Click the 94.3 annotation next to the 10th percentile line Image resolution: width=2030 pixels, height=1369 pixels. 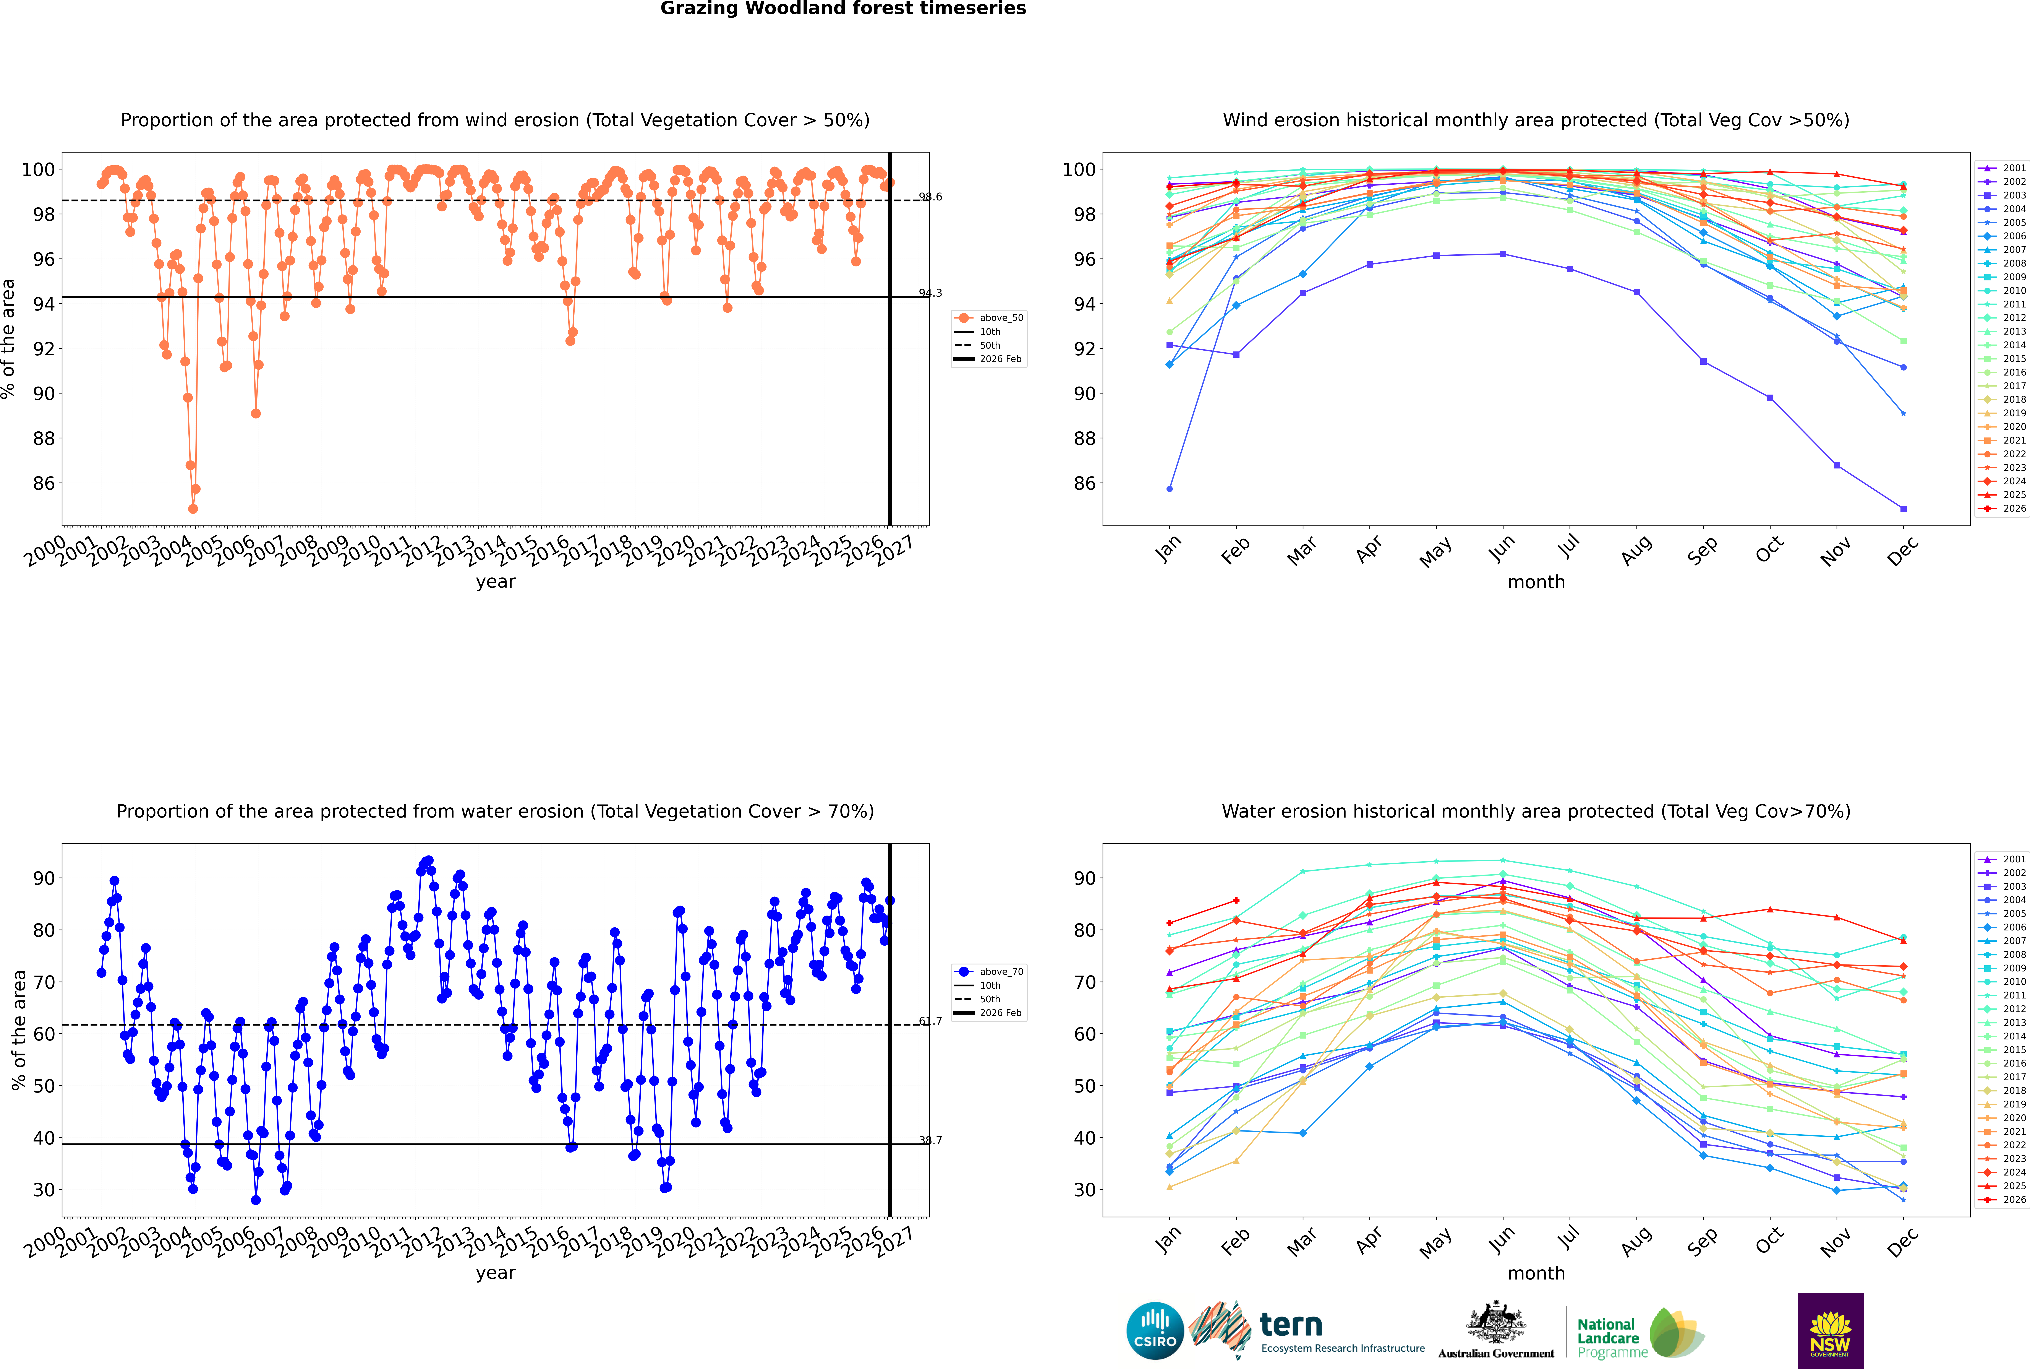tap(930, 293)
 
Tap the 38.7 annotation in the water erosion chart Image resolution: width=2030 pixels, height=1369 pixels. tap(930, 1140)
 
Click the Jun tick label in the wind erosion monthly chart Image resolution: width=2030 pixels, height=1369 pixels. tap(1501, 548)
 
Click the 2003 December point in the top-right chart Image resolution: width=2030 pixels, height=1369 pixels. tap(1904, 509)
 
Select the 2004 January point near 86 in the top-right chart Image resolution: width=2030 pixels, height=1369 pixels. tap(1170, 489)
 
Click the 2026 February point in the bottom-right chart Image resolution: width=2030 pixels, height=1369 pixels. tap(1236, 901)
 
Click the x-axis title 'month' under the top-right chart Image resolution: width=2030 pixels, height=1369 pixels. tap(1536, 582)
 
